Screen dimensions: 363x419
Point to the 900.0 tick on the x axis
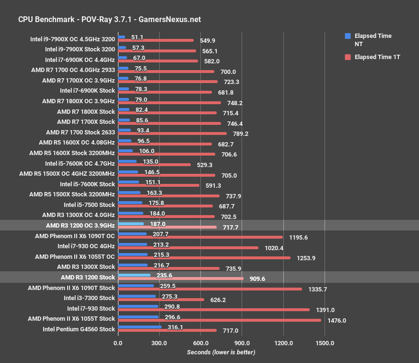click(242, 343)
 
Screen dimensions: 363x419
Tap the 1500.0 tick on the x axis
click(325, 343)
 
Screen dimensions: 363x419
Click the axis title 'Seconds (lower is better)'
click(221, 352)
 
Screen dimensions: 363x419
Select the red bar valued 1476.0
click(220, 320)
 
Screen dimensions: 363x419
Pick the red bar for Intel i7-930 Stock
click(214, 310)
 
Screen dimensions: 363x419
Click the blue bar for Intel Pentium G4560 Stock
click(140, 327)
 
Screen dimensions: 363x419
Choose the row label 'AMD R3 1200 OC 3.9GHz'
click(81, 225)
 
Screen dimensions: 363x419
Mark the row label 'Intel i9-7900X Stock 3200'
click(80, 49)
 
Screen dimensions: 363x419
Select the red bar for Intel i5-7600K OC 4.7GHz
click(154, 165)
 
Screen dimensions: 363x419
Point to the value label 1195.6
click(298, 237)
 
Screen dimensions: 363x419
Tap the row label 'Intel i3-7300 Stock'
click(89, 298)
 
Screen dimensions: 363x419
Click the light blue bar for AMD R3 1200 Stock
click(134, 275)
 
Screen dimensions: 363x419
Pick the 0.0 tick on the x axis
click(118, 343)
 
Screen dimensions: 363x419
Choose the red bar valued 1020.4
click(188, 248)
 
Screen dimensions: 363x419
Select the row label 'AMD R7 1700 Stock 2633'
click(81, 132)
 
